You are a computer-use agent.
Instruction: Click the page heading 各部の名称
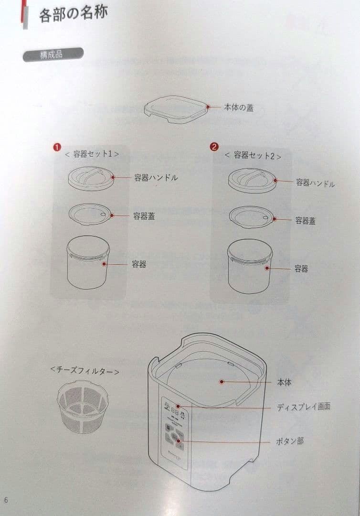(73, 14)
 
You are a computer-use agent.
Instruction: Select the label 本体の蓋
(239, 107)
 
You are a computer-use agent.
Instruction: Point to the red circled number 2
(214, 147)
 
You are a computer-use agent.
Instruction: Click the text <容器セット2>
(252, 155)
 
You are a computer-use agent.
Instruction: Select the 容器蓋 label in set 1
(144, 216)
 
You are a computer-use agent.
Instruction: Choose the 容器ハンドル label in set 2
(315, 183)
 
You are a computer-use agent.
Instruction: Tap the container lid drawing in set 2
(251, 217)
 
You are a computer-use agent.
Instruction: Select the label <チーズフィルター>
(84, 370)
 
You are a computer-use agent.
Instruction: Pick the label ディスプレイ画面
(303, 407)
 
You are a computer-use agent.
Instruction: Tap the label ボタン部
(290, 441)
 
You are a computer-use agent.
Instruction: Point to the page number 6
(6, 500)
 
